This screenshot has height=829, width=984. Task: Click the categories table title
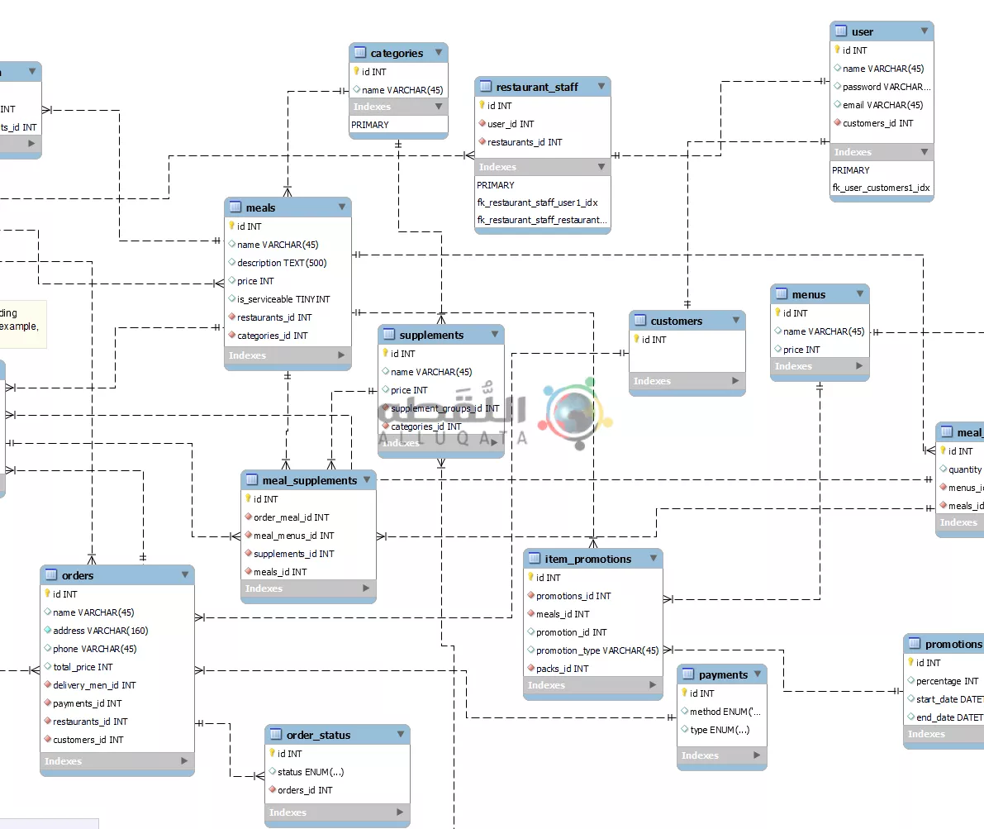[x=397, y=53]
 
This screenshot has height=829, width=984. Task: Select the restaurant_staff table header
[x=537, y=87]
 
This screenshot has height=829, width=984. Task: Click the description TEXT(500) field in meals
[x=282, y=263]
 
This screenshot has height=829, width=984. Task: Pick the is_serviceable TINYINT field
[x=283, y=299]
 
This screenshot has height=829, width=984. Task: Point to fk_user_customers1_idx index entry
[x=881, y=188]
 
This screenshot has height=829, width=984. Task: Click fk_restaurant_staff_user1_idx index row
[x=537, y=202]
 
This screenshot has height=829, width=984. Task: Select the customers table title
[x=676, y=321]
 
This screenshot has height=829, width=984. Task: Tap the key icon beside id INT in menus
[x=778, y=312]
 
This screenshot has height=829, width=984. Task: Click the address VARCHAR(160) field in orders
[x=100, y=631]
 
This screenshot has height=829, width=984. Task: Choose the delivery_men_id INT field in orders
[x=94, y=685]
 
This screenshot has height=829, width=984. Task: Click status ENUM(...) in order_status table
[x=311, y=772]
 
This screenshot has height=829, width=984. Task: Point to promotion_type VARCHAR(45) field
[x=597, y=650]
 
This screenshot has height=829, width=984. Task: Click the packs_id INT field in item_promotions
[x=562, y=669]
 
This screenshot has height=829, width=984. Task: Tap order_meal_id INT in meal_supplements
[x=291, y=517]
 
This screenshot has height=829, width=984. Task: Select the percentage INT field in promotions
[x=947, y=681]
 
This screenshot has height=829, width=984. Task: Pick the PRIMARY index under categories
[x=370, y=125]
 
